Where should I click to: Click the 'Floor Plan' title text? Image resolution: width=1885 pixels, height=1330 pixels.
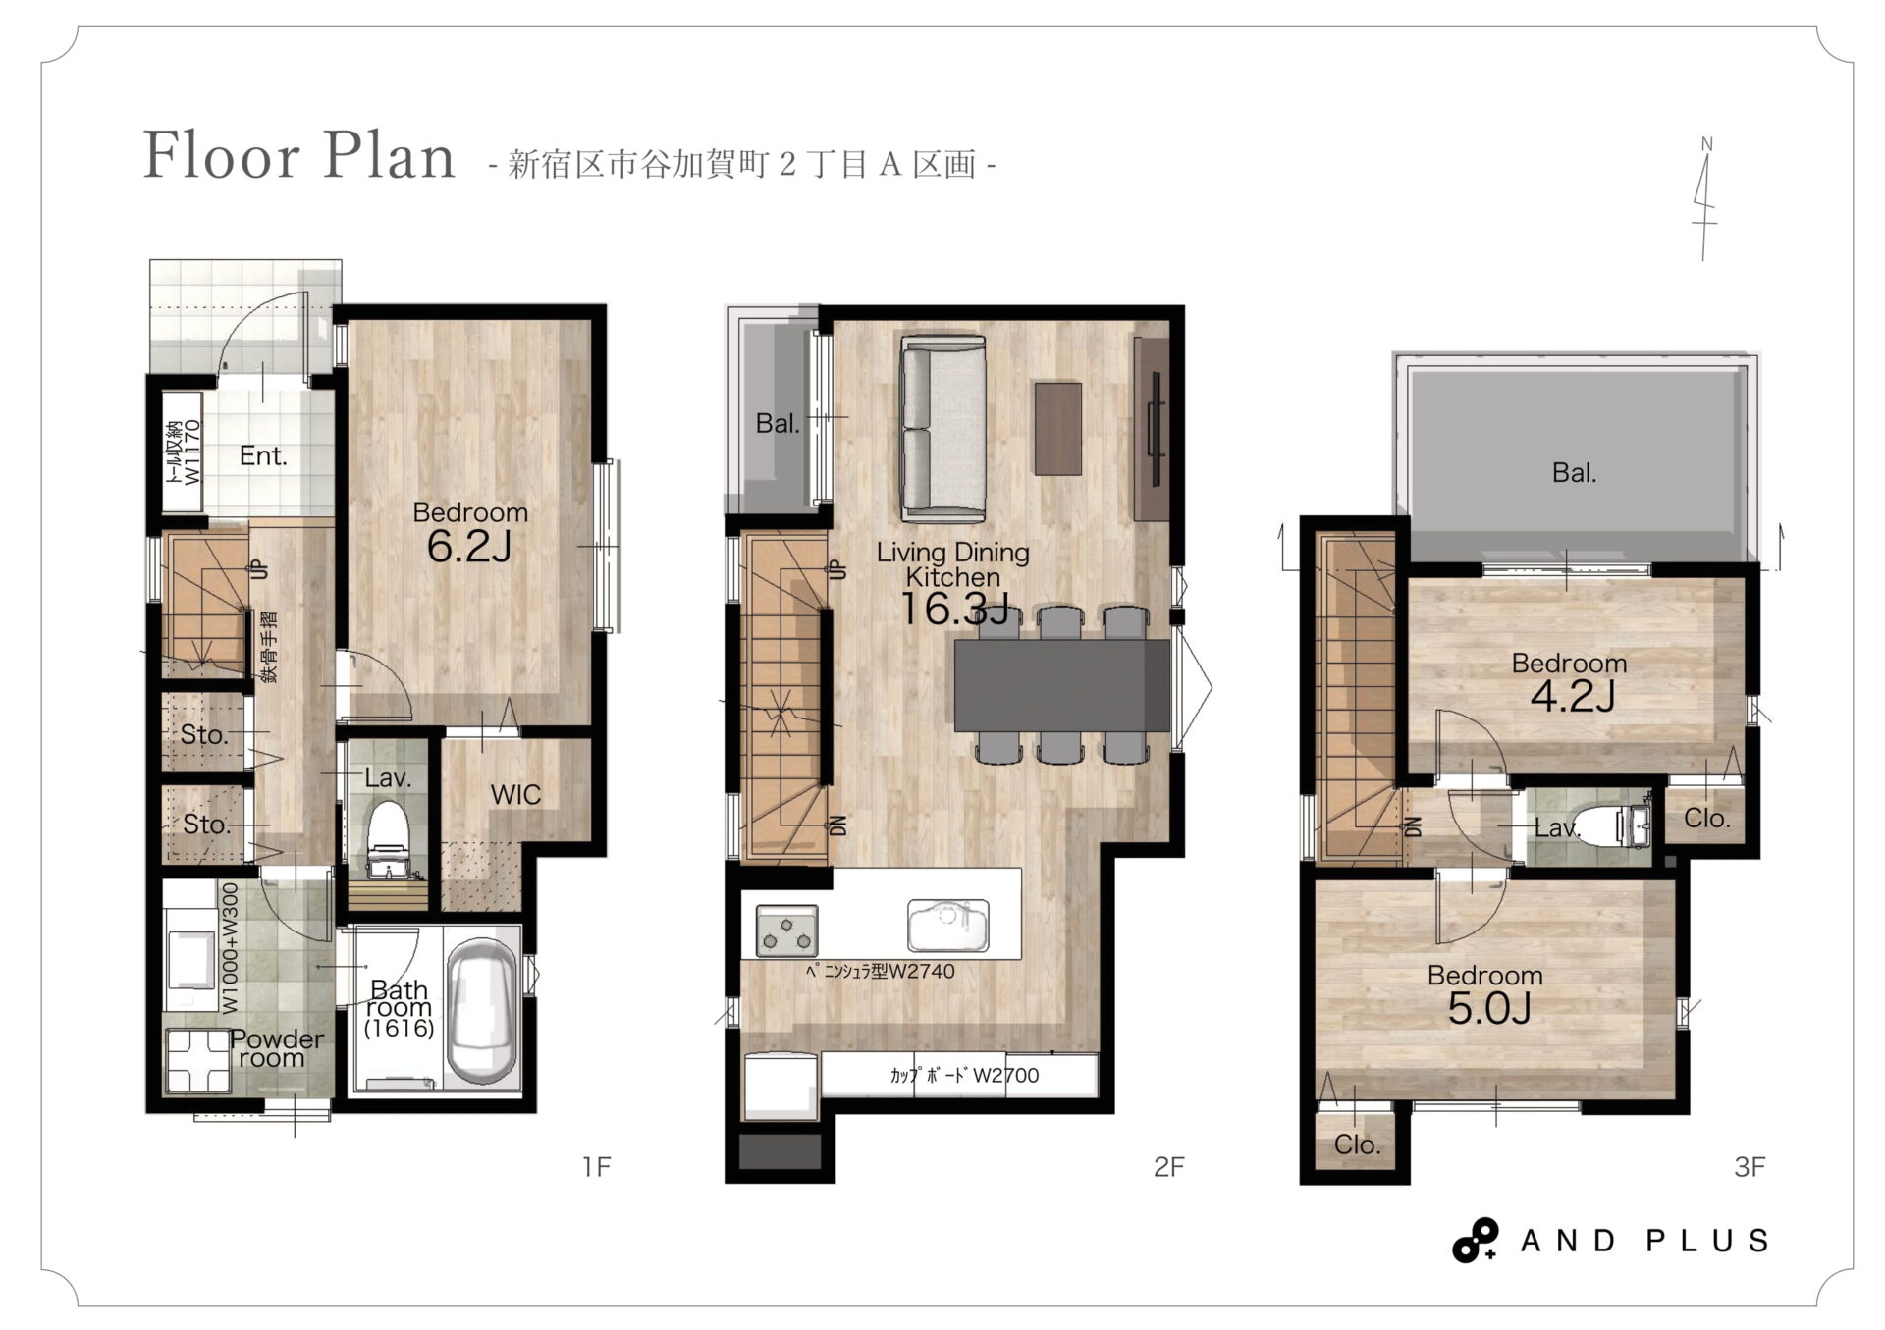click(x=299, y=156)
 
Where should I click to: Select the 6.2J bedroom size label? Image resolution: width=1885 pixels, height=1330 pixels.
click(x=469, y=548)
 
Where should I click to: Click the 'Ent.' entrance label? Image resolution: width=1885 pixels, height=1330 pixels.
click(x=264, y=456)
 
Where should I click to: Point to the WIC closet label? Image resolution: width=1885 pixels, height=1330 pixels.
click(x=515, y=794)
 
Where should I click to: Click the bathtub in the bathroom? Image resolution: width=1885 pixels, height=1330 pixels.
click(x=482, y=1011)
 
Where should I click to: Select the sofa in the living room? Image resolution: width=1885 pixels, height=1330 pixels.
click(x=943, y=429)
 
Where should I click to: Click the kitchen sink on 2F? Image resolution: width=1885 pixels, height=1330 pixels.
click(x=947, y=926)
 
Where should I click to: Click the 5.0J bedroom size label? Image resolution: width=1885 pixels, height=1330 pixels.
click(x=1489, y=1009)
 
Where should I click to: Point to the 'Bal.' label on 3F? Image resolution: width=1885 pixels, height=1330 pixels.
click(x=1575, y=473)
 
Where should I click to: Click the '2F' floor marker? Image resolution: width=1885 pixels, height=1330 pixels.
click(x=1169, y=1166)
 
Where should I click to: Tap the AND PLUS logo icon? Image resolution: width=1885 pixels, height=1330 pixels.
click(x=1476, y=1241)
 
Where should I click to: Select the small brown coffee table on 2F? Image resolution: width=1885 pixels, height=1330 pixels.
click(x=1058, y=429)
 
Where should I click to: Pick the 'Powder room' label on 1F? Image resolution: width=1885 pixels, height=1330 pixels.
click(x=276, y=1048)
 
